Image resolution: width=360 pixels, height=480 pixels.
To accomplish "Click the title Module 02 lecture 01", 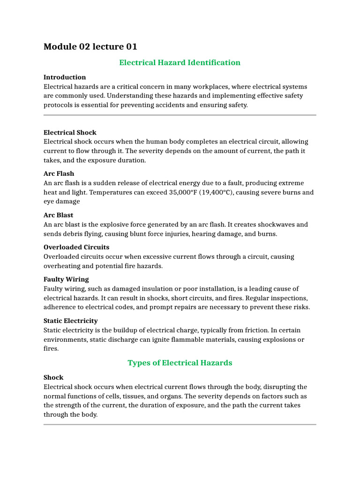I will pos(90,46).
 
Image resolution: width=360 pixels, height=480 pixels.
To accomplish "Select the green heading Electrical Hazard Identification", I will pos(180,62).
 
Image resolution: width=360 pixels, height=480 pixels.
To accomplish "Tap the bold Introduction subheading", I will pos(65,77).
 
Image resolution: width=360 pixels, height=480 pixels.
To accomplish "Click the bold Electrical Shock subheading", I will pos(70,132).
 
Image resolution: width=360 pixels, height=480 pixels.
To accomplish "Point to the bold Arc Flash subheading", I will pos(59,173).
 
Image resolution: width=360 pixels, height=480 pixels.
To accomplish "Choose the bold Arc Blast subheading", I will pos(59,215).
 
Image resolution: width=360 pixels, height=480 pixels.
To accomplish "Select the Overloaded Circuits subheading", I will pos(76,247).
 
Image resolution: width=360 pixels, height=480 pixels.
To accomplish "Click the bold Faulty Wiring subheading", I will pos(66,279).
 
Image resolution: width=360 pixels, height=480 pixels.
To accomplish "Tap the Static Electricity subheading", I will pos(71,321).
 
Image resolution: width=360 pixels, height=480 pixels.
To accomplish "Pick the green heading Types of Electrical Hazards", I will pos(180,363).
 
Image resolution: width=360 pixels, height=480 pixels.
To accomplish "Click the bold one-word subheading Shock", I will pos(53,377).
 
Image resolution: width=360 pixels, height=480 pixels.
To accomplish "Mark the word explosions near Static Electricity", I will pos(277,339).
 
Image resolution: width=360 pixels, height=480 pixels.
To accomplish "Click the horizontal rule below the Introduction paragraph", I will pos(180,115).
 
